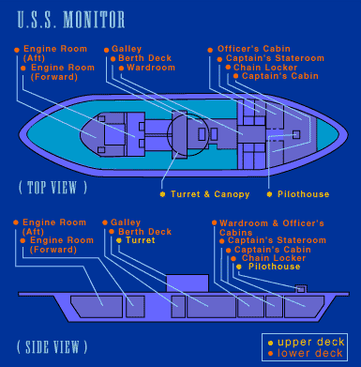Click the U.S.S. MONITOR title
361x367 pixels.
71,20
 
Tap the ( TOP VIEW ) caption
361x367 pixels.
53,188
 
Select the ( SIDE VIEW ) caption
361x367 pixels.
52,347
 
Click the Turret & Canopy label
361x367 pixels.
210,194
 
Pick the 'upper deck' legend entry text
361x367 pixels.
311,342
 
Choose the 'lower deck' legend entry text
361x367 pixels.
310,353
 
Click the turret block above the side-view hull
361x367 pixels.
188,283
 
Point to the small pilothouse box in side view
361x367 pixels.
301,289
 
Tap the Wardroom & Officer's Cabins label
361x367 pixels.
272,228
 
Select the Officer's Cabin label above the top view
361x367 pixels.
254,49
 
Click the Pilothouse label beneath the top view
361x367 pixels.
303,194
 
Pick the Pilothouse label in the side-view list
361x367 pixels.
274,267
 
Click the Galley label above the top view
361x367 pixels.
127,49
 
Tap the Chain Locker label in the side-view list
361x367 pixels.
274,258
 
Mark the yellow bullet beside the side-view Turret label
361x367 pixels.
119,240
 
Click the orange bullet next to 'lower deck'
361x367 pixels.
270,354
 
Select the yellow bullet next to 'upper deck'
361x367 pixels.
270,343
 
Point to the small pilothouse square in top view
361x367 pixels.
296,135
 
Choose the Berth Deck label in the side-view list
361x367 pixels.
144,232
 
